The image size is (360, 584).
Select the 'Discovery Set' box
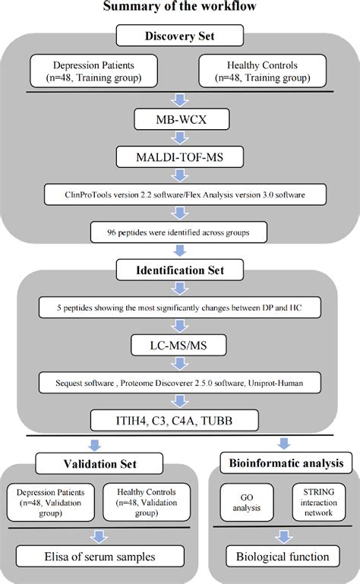point(181,36)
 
